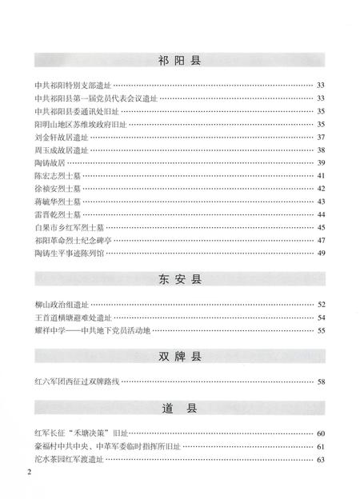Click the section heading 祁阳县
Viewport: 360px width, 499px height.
tap(179, 59)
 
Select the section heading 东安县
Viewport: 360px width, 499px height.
tap(179, 281)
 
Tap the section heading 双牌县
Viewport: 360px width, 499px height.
tap(179, 357)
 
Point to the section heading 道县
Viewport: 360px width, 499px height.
tap(179, 409)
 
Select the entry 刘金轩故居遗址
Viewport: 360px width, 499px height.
tap(62, 137)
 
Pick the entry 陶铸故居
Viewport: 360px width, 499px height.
tap(50, 162)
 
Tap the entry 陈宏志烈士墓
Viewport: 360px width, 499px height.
tap(58, 175)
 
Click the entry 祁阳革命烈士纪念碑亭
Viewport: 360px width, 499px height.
tap(73, 239)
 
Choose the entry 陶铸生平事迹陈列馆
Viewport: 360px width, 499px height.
tap(73, 253)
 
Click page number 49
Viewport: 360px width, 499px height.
tap(321, 253)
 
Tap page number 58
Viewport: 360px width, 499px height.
tap(321, 381)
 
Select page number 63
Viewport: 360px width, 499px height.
tap(321, 459)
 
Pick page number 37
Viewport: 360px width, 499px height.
tap(321, 137)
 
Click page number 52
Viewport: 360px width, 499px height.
tap(321, 305)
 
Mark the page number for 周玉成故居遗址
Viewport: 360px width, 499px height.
tap(321, 150)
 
